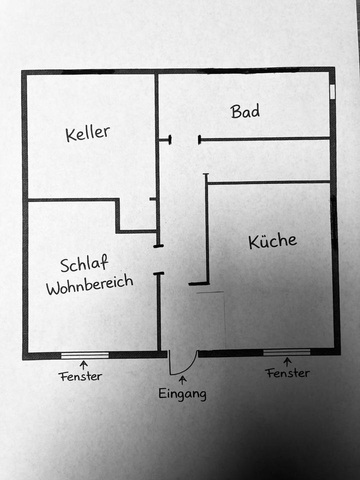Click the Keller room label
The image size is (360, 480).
click(x=87, y=133)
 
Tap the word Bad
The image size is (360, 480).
click(x=245, y=110)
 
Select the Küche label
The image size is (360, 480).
click(x=272, y=241)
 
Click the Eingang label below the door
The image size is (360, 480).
click(x=182, y=393)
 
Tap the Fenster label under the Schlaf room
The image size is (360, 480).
click(x=80, y=375)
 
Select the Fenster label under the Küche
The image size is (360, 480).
click(x=287, y=372)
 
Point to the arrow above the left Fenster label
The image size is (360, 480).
click(x=83, y=365)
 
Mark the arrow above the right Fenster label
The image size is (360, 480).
click(x=287, y=361)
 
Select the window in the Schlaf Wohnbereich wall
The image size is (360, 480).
click(x=85, y=355)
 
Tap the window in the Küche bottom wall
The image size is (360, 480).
click(x=286, y=352)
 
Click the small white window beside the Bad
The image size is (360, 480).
click(x=332, y=91)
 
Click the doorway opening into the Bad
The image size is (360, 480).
click(x=185, y=140)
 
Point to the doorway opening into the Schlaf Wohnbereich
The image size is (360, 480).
click(x=158, y=259)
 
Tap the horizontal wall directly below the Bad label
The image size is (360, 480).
click(x=265, y=138)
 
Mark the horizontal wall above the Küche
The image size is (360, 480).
click(x=268, y=182)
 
